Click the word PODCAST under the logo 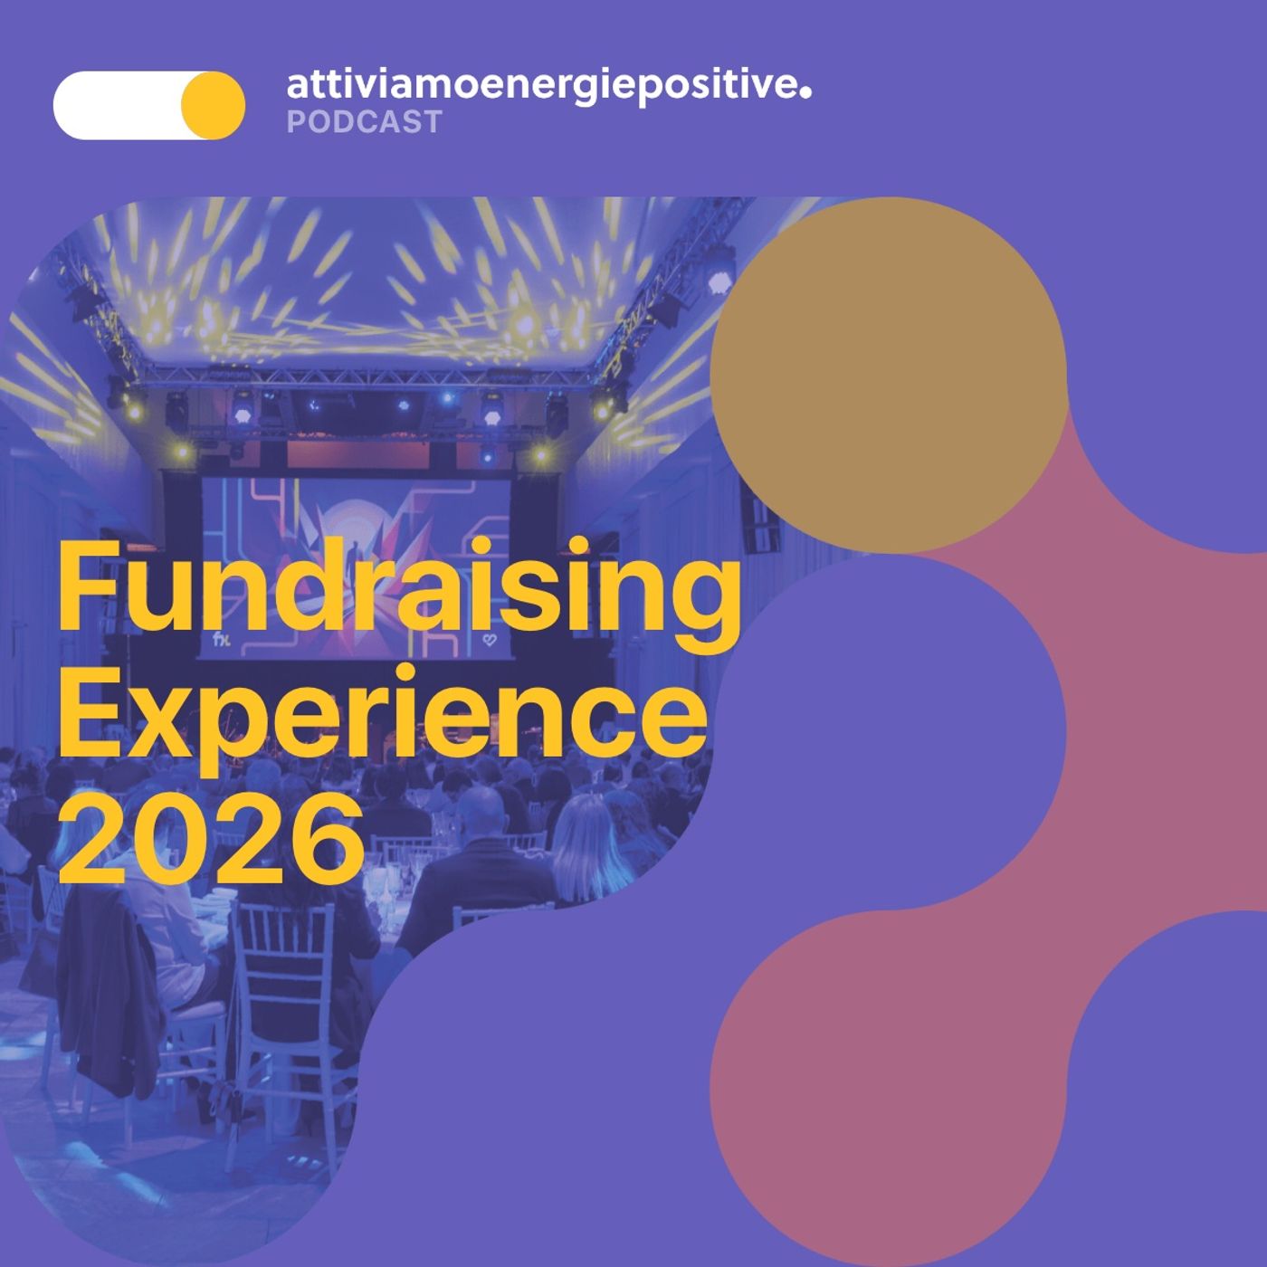pyautogui.click(x=364, y=121)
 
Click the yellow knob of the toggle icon pyautogui.click(x=213, y=105)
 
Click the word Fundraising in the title pyautogui.click(x=398, y=590)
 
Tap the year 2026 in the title pyautogui.click(x=210, y=838)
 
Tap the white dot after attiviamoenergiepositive pyautogui.click(x=805, y=89)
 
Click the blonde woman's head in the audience pyautogui.click(x=584, y=828)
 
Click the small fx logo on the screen pyautogui.click(x=221, y=640)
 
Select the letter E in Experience pyautogui.click(x=89, y=715)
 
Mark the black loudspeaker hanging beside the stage pyautogui.click(x=758, y=520)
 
